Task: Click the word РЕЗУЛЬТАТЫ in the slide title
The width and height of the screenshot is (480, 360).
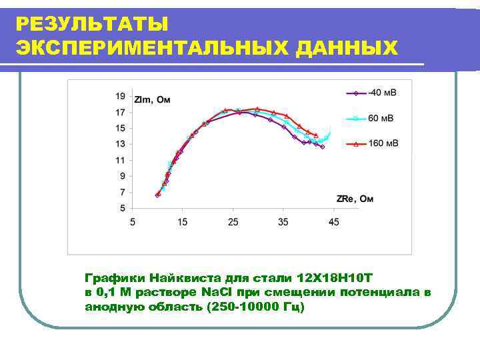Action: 92,24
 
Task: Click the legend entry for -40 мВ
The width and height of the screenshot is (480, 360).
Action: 383,92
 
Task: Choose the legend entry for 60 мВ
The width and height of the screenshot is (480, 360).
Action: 380,118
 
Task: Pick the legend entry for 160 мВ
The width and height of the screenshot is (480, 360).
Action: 383,143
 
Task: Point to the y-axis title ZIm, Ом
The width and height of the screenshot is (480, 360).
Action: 153,101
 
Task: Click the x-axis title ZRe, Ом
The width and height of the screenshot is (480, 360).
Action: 355,199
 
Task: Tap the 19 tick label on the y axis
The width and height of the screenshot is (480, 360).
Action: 120,96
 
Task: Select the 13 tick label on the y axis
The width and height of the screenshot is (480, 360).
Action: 120,144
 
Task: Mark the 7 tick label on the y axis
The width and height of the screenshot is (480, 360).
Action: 122,192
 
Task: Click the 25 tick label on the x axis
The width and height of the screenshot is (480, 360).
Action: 233,222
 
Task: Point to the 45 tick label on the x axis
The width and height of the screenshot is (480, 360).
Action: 333,222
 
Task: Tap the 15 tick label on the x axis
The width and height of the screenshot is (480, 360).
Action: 183,222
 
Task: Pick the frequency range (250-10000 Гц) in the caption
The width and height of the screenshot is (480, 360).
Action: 256,307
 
